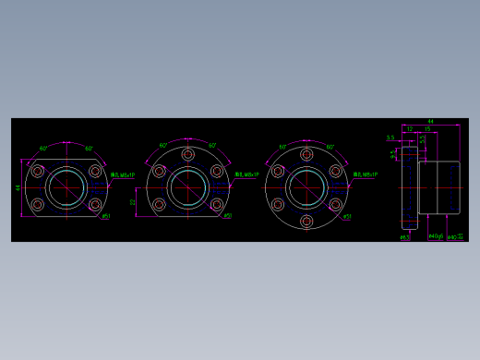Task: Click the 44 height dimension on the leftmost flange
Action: (18, 187)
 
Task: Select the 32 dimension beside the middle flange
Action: (133, 201)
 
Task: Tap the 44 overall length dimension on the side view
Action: (430, 122)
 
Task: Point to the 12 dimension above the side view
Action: (410, 129)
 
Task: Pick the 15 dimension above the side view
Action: (426, 129)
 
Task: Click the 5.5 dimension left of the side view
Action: (390, 138)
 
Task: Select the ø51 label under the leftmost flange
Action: (106, 217)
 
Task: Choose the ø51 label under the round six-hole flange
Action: (347, 217)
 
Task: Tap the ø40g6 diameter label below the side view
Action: (436, 236)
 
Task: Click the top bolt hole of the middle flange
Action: (188, 155)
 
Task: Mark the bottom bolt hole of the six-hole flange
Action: (306, 222)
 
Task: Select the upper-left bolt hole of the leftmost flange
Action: (38, 172)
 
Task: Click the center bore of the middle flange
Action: (188, 188)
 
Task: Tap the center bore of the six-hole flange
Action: (306, 188)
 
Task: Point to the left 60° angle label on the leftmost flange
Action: (43, 148)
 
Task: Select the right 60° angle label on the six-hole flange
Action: (330, 147)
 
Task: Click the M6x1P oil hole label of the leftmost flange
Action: (123, 174)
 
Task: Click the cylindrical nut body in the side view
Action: (438, 187)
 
